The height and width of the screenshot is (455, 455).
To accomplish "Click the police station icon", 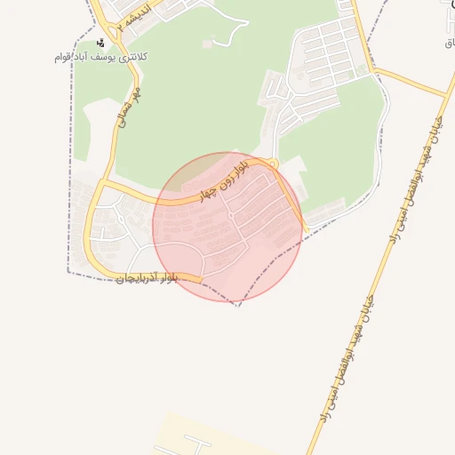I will (x=100, y=42).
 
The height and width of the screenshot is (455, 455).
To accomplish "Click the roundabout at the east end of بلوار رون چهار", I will (x=274, y=164).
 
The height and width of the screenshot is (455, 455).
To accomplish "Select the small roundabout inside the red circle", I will (x=231, y=216).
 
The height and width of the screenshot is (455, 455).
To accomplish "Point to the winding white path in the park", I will (x=233, y=36).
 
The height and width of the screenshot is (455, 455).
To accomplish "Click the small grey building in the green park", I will (x=208, y=44).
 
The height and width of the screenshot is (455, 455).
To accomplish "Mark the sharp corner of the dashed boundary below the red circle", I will (x=237, y=306).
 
